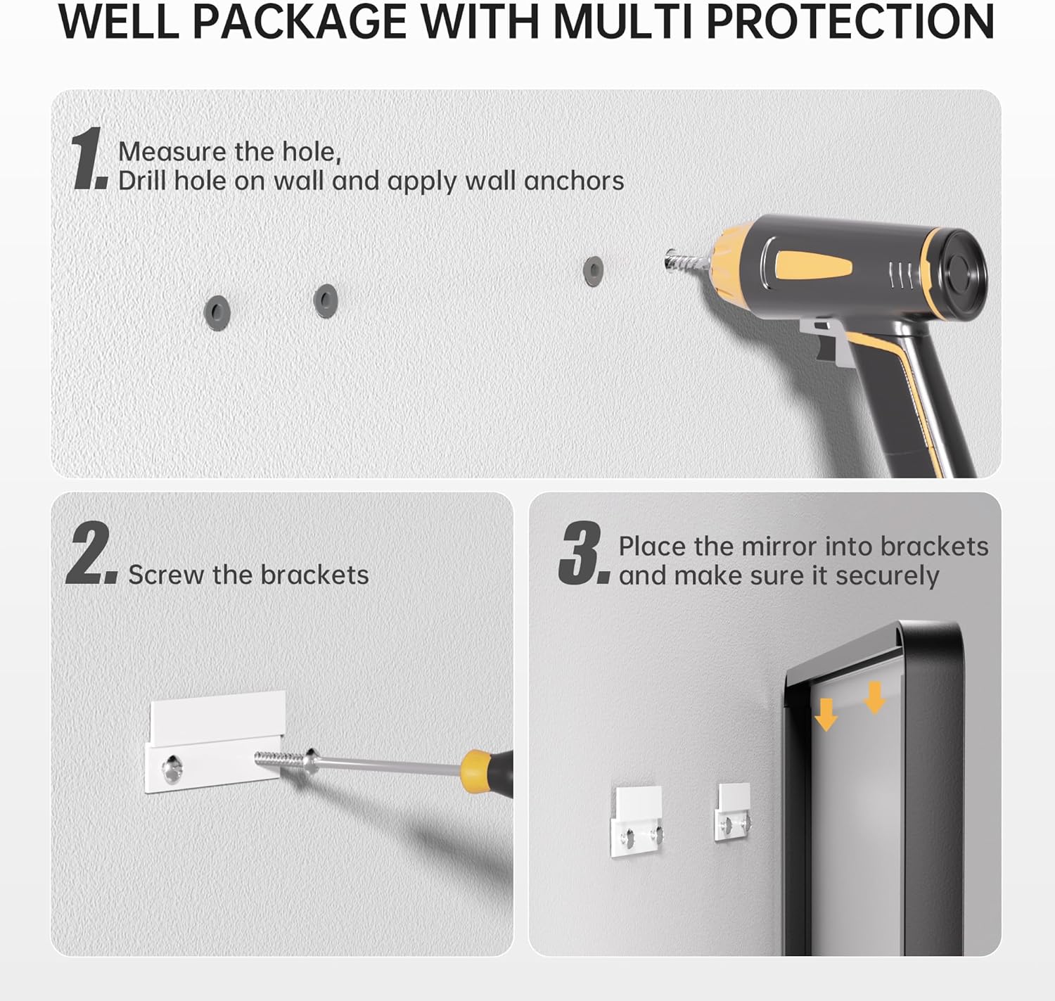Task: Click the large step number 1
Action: [88, 159]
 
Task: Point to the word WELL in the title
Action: [118, 23]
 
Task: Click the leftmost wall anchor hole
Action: [217, 311]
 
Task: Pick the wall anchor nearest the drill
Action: [593, 271]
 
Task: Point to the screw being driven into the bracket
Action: [278, 761]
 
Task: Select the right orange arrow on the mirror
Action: [874, 697]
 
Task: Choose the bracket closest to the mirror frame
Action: [733, 812]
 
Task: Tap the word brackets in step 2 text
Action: [314, 575]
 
